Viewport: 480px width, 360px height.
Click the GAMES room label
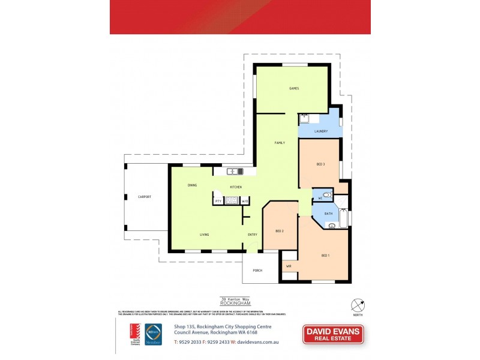294,88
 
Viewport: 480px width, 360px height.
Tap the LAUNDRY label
320,131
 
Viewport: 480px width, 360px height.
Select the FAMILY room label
280,143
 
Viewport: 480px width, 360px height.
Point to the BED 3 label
320,164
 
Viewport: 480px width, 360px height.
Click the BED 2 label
279,231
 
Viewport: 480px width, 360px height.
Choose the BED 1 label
326,256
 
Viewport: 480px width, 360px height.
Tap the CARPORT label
145,197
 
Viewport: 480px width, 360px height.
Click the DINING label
192,185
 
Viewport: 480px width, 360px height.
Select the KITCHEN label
235,188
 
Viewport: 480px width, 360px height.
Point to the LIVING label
205,234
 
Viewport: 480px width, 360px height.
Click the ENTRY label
253,234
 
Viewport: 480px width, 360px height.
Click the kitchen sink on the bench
232,172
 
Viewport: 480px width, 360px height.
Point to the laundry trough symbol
304,119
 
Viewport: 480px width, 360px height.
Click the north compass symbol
357,304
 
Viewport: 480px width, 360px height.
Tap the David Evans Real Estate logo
333,335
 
